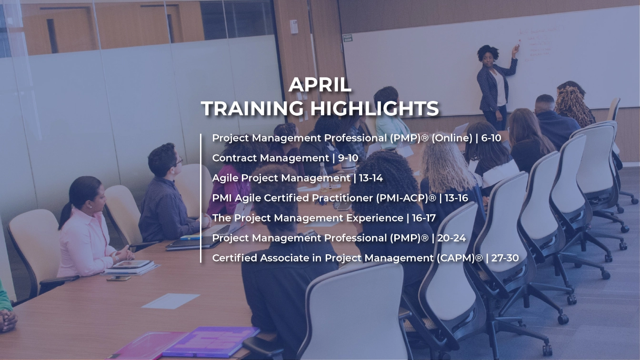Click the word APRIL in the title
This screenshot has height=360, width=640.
pos(320,85)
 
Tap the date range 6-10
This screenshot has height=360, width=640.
pos(490,138)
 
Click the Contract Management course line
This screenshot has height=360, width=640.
pos(285,158)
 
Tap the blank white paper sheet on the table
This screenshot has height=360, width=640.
pos(170,301)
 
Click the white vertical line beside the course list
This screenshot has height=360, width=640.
pos(201,198)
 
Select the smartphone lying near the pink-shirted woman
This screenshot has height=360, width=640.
pos(119,278)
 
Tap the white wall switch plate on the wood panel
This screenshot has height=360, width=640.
pos(294,27)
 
